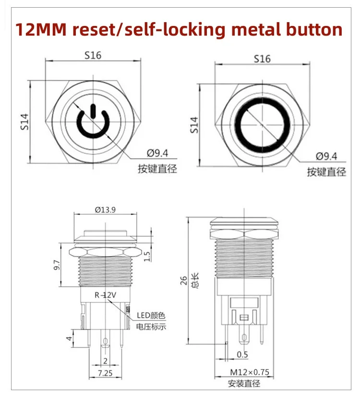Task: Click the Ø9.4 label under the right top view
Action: pos(326,156)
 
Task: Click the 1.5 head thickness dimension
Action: pos(147,256)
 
